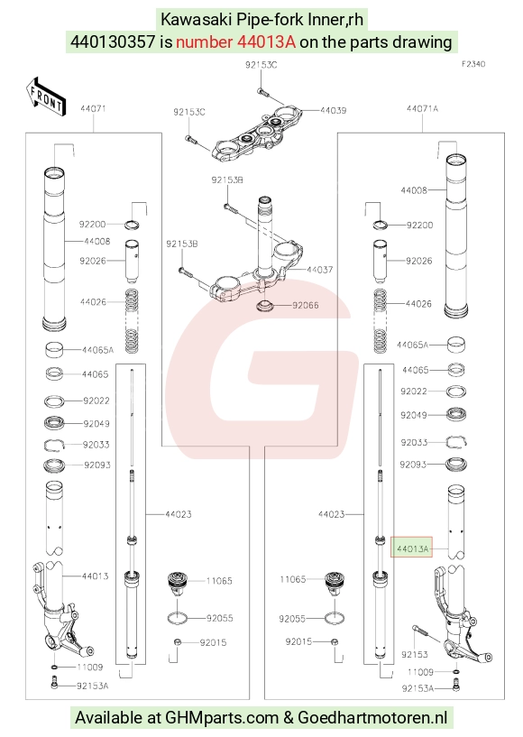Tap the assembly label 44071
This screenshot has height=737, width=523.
click(93, 108)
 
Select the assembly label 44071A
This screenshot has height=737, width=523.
click(422, 108)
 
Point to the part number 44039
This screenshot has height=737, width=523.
click(333, 110)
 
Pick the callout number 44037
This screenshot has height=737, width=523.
click(319, 270)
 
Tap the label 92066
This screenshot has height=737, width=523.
click(306, 306)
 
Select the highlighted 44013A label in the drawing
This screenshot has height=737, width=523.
click(412, 548)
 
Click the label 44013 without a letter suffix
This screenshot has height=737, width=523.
click(95, 576)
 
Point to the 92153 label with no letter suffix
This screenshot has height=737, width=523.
click(415, 655)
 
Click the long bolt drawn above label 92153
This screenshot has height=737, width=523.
click(426, 633)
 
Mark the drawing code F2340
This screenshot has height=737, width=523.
click(473, 64)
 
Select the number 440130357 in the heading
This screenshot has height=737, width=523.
click(113, 42)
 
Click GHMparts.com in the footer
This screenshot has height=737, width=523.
click(222, 718)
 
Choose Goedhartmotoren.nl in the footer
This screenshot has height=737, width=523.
click(372, 718)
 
